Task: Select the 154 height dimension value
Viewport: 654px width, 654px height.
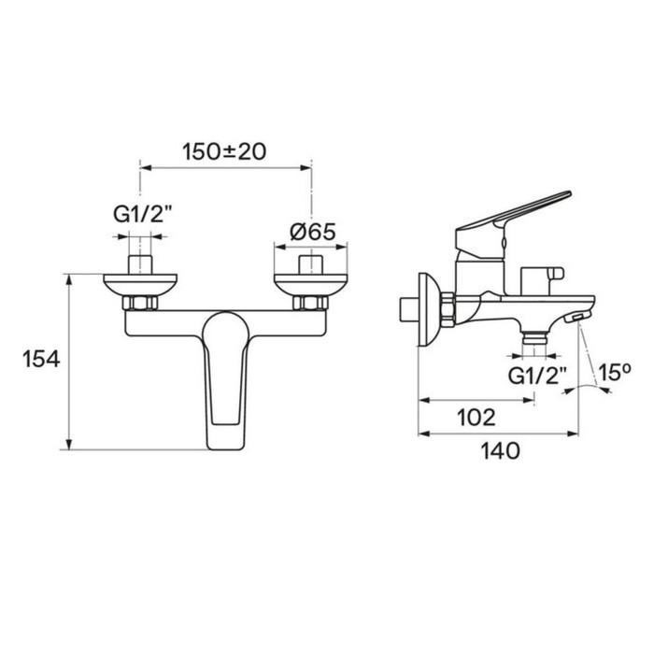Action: pyautogui.click(x=43, y=358)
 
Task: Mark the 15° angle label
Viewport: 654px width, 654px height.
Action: pyautogui.click(x=615, y=373)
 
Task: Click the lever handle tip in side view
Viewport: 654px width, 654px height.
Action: pyautogui.click(x=559, y=196)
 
